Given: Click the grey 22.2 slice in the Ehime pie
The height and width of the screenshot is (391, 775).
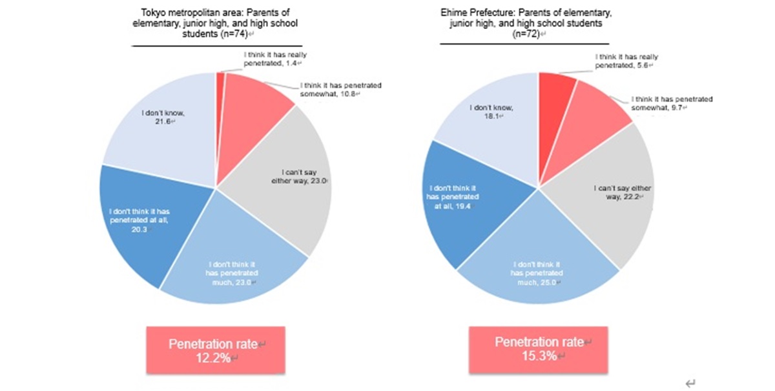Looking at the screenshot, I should pos(614,194).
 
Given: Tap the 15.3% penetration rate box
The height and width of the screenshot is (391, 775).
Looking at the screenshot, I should pos(538,349).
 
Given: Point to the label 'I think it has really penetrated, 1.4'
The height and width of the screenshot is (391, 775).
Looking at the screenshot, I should pos(271,59).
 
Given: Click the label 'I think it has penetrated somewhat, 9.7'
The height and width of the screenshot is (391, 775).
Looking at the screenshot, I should pos(672,103).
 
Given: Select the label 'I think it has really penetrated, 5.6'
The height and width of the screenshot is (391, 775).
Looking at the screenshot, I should pos(625,61).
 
